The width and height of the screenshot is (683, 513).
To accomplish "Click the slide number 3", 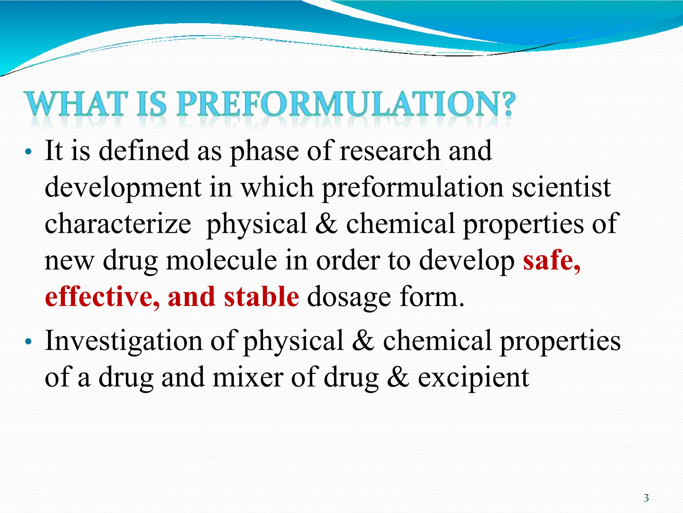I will pos(646,498).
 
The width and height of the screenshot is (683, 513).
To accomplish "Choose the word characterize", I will pos(118,224).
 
